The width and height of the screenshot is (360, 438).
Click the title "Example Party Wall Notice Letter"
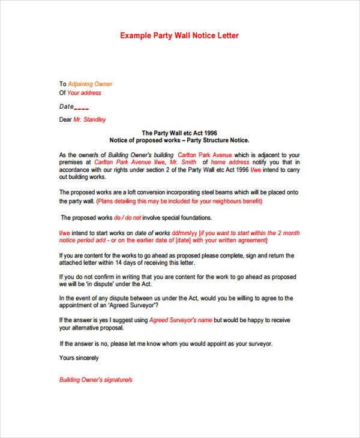[x=180, y=35]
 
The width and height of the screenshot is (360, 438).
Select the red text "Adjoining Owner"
[x=90, y=84]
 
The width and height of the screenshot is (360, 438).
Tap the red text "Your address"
[x=84, y=93]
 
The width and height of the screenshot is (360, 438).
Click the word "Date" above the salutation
[x=65, y=106]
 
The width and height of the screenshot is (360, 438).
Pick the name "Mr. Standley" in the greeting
[x=91, y=119]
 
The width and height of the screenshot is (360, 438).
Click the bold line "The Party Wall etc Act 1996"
[x=179, y=133]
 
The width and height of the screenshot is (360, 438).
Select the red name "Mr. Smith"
[x=183, y=162]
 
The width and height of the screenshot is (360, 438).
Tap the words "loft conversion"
[x=139, y=192]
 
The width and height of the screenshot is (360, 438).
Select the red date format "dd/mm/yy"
[x=184, y=234]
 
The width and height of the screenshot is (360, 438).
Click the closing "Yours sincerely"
[x=79, y=358]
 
